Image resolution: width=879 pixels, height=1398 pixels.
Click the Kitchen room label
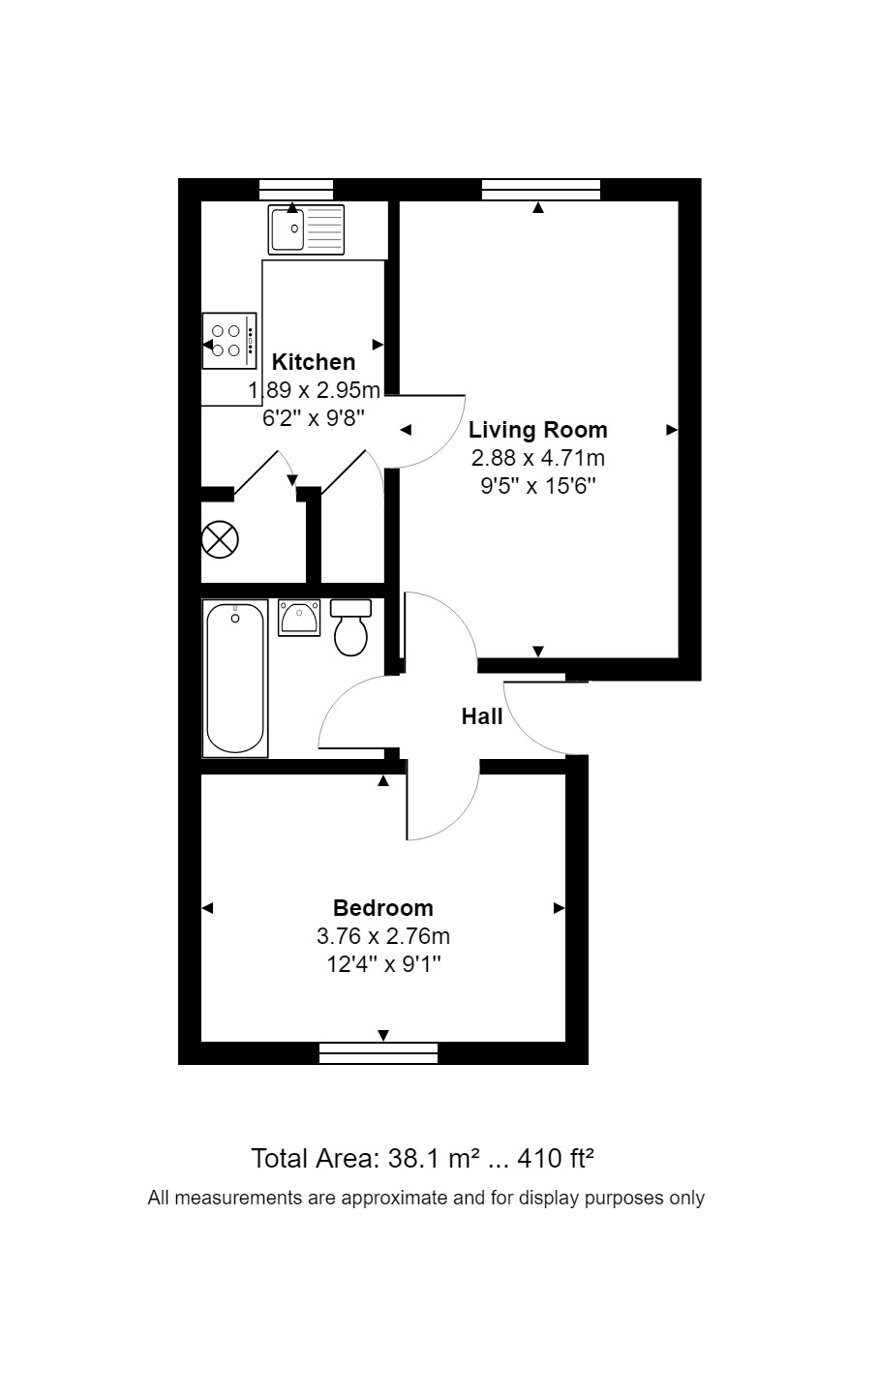[x=314, y=362]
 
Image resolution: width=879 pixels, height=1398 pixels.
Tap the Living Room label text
[x=537, y=430]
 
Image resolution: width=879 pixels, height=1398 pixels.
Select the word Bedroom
[x=383, y=907]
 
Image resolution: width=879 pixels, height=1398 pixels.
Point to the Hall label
[x=481, y=716]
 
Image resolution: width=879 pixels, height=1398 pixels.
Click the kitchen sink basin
[x=288, y=229]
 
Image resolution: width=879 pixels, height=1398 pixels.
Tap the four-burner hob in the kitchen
[x=229, y=341]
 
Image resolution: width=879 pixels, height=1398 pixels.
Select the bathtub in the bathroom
[x=235, y=679]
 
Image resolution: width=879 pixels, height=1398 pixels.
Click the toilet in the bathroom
[x=350, y=628]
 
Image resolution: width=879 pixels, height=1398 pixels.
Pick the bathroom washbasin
[x=299, y=618]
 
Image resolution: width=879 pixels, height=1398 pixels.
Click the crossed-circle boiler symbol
[x=220, y=539]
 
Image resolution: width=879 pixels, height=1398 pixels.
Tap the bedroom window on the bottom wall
[x=379, y=1054]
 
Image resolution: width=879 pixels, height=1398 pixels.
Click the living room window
[x=541, y=190]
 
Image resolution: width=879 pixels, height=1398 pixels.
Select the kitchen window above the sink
[x=296, y=190]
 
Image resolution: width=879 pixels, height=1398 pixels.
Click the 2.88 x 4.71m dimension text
[x=537, y=458]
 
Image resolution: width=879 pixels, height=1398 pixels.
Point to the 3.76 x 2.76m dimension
[x=383, y=936]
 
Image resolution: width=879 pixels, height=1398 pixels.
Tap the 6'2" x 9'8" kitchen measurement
[x=314, y=418]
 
